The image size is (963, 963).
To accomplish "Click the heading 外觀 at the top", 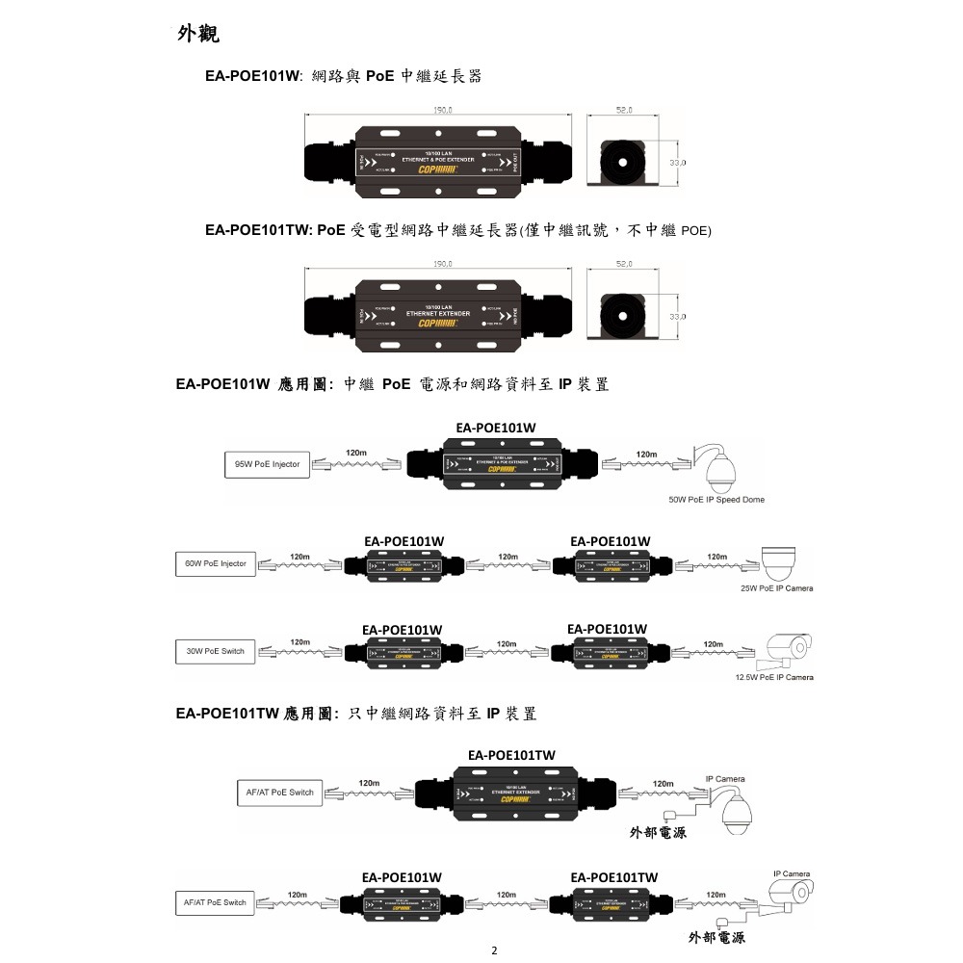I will click(198, 35).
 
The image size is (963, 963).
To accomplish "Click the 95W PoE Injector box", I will click(261, 464).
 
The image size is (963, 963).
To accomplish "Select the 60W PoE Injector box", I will click(215, 563).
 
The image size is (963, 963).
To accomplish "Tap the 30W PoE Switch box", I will click(215, 651).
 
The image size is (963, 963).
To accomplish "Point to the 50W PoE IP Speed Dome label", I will click(716, 500).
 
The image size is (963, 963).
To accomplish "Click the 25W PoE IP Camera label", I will click(776, 587).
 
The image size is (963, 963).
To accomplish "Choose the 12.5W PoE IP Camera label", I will click(773, 677).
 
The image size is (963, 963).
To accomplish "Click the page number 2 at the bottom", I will click(494, 950).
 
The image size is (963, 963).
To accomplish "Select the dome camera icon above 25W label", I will click(787, 560).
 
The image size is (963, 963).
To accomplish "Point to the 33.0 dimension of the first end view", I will click(677, 164).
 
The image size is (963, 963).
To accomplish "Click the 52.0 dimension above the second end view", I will click(623, 263).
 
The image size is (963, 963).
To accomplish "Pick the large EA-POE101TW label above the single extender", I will click(510, 754).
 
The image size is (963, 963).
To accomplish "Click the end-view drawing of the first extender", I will click(625, 162).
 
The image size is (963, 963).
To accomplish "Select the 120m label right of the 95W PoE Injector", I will click(356, 453).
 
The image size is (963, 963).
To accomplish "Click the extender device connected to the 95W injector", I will click(497, 464).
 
